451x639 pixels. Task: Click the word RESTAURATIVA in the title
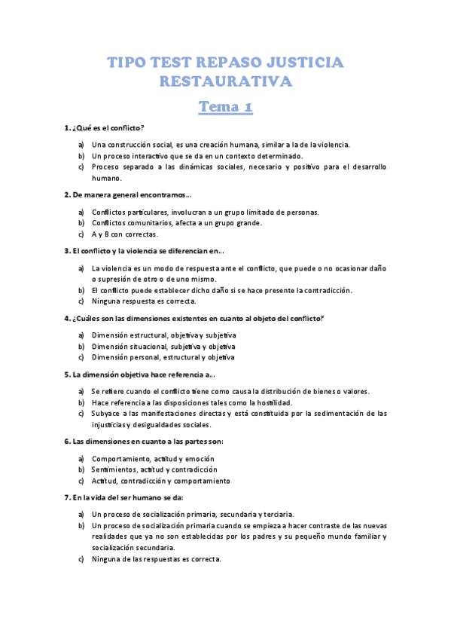[x=225, y=81]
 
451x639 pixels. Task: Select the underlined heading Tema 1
[x=225, y=107]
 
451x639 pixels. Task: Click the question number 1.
[x=67, y=128]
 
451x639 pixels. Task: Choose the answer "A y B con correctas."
[x=125, y=234]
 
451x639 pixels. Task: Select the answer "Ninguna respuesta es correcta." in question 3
[x=143, y=301]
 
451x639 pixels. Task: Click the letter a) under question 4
[x=81, y=335]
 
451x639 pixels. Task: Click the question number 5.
[x=67, y=375]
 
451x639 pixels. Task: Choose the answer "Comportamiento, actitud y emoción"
[x=153, y=458]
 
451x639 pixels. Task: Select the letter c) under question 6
[x=81, y=481]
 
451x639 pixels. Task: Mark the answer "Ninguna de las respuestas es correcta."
[x=157, y=559]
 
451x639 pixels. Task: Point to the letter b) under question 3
[x=81, y=290]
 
